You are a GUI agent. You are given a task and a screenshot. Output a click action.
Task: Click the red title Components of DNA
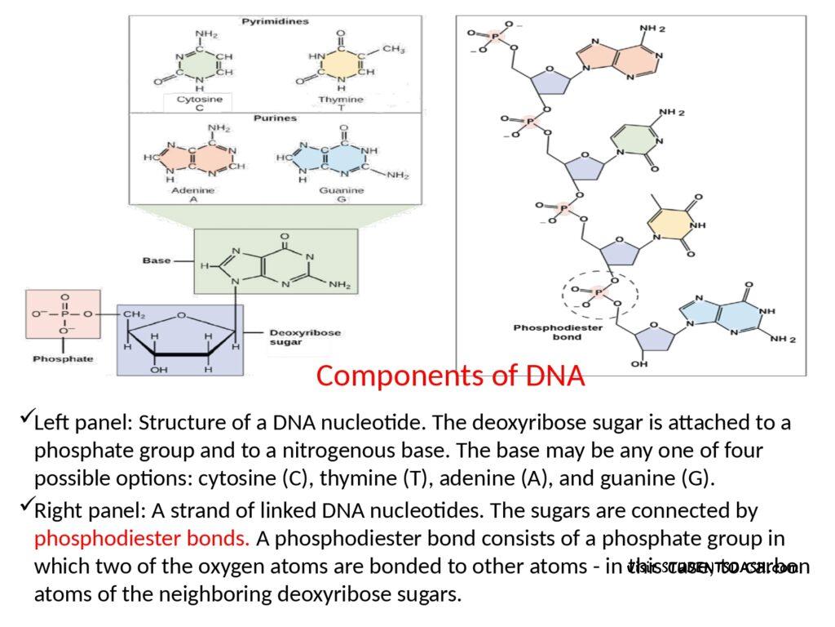(x=450, y=376)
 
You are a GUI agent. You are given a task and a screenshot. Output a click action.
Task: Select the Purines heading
(x=275, y=118)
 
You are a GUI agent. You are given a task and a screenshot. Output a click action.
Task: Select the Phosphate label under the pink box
(x=63, y=358)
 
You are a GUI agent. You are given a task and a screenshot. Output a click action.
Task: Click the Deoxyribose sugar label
(x=305, y=338)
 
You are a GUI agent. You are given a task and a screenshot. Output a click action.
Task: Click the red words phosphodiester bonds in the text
(x=143, y=539)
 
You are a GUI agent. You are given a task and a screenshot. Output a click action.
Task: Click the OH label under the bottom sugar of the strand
(x=639, y=364)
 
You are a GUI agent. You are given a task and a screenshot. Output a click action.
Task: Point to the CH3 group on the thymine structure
(x=393, y=50)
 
